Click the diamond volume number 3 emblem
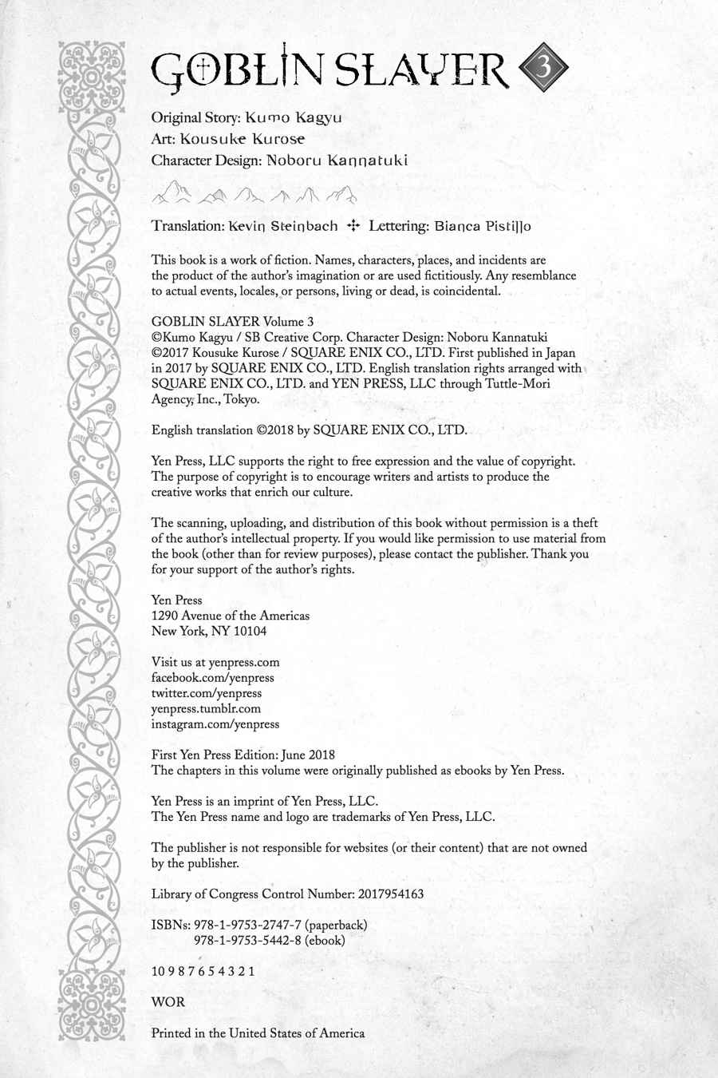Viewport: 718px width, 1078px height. point(545,69)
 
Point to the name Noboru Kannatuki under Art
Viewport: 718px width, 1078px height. point(337,160)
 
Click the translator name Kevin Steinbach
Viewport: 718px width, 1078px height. point(282,226)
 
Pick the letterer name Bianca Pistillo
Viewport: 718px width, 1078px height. point(483,226)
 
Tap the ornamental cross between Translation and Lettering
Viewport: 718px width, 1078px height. point(353,226)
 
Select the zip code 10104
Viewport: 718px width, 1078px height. point(249,631)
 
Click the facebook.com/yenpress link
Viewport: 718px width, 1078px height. point(210,677)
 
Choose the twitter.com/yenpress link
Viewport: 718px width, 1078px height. point(207,693)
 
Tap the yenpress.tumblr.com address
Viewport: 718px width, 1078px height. point(206,708)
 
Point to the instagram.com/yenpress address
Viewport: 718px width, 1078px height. point(215,724)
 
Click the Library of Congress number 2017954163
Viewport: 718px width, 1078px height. point(378,894)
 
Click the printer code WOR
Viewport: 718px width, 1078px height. point(168,1001)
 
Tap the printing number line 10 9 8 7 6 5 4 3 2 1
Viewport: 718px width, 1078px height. point(203,971)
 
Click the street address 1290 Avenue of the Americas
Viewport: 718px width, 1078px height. point(230,616)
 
